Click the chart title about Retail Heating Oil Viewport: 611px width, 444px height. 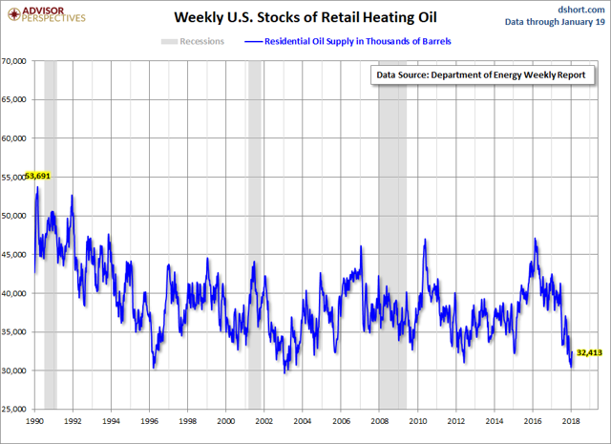(305, 17)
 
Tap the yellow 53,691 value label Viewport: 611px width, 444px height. (37, 177)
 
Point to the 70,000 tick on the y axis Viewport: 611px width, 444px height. (17, 61)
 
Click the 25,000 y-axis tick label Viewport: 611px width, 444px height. (17, 409)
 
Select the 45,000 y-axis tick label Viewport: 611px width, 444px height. (17, 254)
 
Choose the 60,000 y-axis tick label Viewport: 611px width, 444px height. (17, 138)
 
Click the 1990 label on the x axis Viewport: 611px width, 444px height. (34, 420)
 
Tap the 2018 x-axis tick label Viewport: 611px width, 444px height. (572, 420)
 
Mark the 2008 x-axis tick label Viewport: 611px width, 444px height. (380, 420)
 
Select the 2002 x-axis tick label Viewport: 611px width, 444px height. (264, 420)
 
